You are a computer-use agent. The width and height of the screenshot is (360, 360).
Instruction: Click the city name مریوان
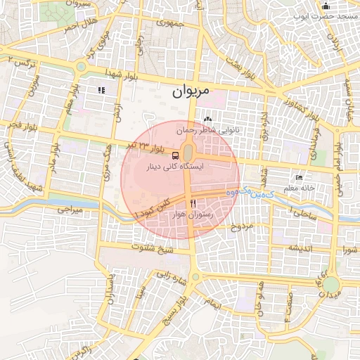click(191, 92)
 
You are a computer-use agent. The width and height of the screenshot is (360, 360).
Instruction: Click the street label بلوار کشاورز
click(290, 101)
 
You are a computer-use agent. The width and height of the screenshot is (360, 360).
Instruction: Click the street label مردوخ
click(241, 227)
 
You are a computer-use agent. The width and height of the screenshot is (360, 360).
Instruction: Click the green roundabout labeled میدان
click(331, 285)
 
